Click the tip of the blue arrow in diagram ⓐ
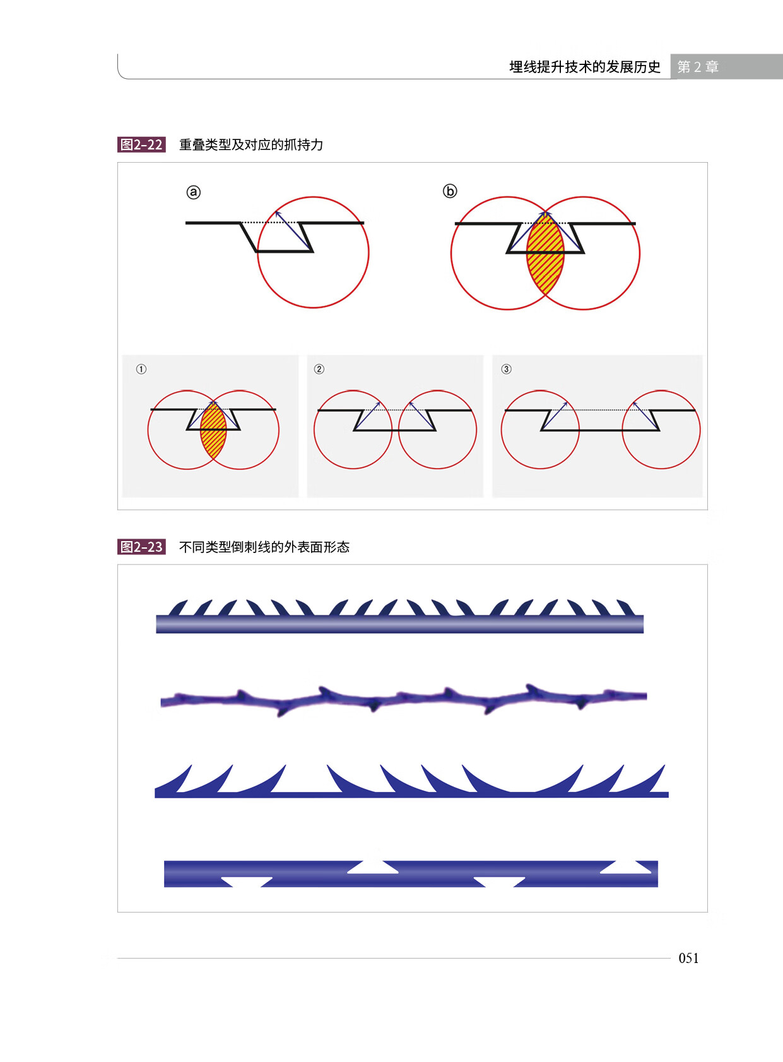click(276, 211)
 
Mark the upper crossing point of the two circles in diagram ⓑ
click(545, 211)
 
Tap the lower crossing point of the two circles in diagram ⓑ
click(545, 295)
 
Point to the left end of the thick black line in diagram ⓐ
click(186, 223)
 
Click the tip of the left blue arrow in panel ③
click(567, 402)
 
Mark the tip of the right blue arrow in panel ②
click(409, 402)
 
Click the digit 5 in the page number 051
click(688, 958)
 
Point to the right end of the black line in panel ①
click(276, 409)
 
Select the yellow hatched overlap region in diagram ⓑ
click(545, 254)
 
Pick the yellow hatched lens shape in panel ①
click(213, 431)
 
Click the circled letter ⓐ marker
click(194, 192)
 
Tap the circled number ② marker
click(319, 369)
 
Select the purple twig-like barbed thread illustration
click(403, 699)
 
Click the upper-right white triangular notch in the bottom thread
click(625, 867)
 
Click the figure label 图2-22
click(141, 144)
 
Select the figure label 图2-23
click(141, 547)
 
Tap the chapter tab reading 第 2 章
click(698, 67)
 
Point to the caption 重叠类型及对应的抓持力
click(251, 144)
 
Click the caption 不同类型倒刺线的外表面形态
click(264, 547)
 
